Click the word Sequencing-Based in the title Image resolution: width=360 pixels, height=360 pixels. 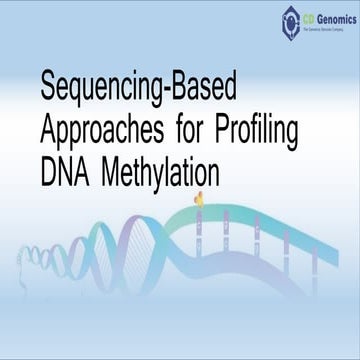139,90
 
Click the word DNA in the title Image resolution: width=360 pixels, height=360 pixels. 65,172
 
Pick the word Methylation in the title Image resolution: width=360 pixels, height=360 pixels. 163,172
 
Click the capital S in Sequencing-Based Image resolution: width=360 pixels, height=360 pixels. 48,88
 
